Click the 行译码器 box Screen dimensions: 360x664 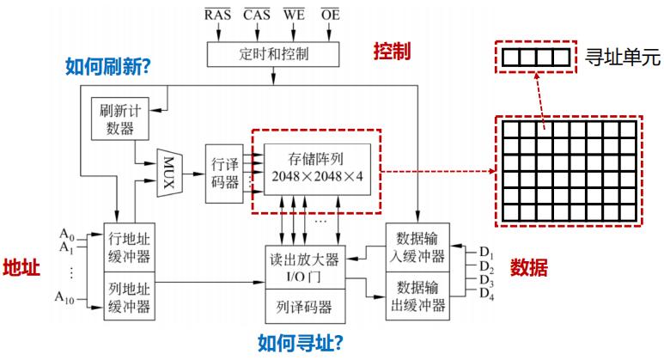225,173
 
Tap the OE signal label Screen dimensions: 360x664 330,13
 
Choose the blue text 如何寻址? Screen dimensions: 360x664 301,343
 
